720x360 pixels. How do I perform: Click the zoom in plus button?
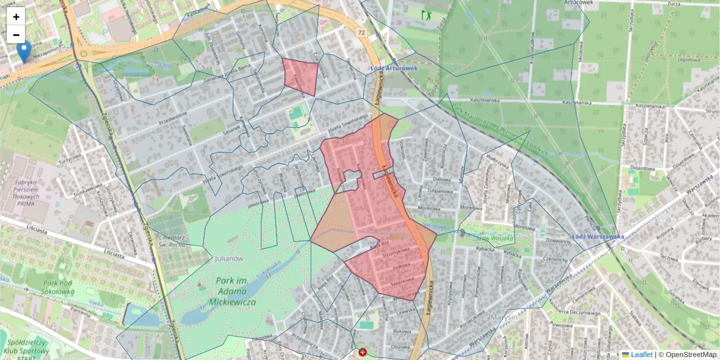(16, 17)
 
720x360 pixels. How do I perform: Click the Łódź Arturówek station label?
(394, 68)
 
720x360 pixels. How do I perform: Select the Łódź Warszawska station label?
(598, 236)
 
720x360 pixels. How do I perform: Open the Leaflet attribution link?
(641, 355)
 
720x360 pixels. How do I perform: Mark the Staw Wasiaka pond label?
(495, 238)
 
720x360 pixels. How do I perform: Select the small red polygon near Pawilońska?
(301, 76)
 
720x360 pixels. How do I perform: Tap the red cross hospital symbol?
(362, 353)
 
